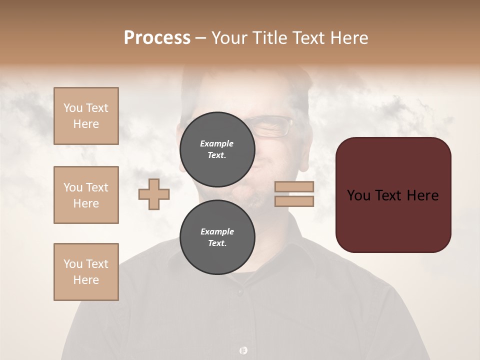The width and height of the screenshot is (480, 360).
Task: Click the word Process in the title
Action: pyautogui.click(x=157, y=38)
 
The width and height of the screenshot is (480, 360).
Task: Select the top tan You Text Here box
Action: pyautogui.click(x=86, y=116)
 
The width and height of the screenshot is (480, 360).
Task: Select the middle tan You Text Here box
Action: pyautogui.click(x=86, y=195)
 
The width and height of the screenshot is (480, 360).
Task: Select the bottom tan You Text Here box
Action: pyautogui.click(x=86, y=272)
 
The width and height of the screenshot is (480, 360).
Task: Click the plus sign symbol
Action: pyautogui.click(x=154, y=194)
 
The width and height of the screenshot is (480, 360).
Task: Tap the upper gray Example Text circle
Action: pyautogui.click(x=217, y=149)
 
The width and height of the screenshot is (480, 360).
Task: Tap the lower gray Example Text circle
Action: pyautogui.click(x=217, y=237)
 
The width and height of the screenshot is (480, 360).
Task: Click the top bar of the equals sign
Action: pyautogui.click(x=294, y=186)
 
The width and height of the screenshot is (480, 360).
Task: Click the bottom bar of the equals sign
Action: pyautogui.click(x=294, y=201)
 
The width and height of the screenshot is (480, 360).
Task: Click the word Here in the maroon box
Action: pyautogui.click(x=423, y=195)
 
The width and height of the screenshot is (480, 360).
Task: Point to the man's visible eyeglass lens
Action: pyautogui.click(x=274, y=127)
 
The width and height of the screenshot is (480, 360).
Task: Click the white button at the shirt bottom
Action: pyautogui.click(x=243, y=350)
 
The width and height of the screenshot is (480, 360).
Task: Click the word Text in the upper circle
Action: pyautogui.click(x=216, y=155)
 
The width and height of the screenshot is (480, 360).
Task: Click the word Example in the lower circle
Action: pyautogui.click(x=217, y=231)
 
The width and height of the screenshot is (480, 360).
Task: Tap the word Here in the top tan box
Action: pyautogui.click(x=86, y=124)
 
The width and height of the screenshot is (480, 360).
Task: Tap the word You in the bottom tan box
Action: pyautogui.click(x=72, y=264)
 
